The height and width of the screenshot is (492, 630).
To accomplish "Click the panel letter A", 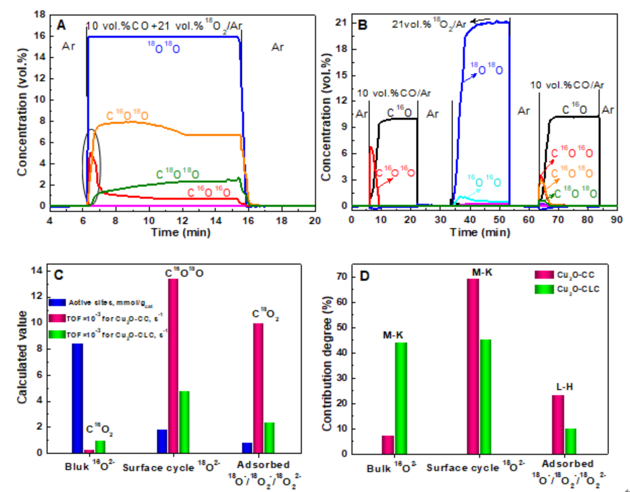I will [x=61, y=25].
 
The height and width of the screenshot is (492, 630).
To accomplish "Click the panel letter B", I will [x=362, y=25].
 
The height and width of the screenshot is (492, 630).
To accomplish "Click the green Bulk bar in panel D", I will [x=401, y=398].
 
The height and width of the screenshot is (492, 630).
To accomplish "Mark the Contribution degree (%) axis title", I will [x=328, y=365].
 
